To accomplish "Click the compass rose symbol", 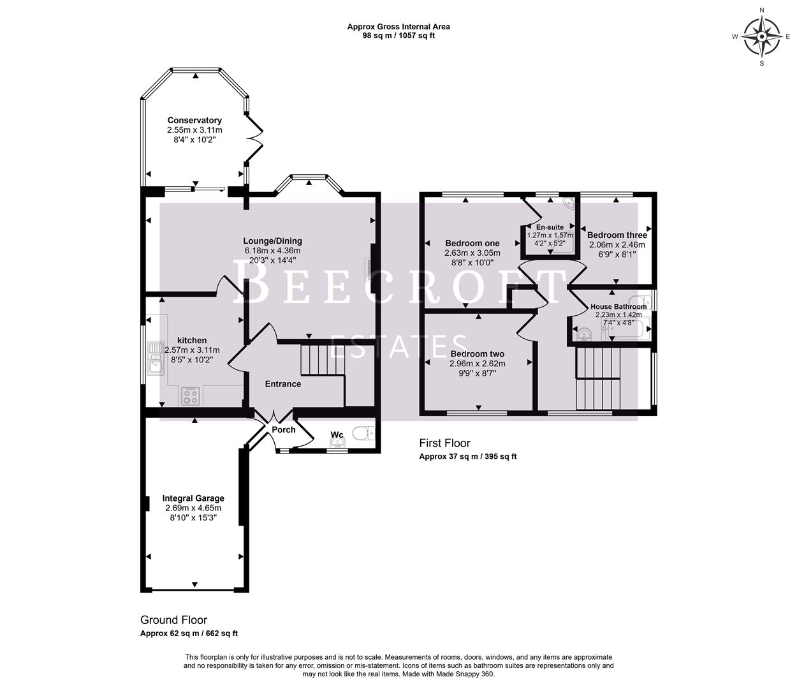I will (761, 36).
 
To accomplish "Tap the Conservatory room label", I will (194, 121).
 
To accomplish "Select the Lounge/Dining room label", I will (272, 241).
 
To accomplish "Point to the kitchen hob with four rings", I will (191, 397).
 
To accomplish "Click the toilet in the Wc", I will (364, 434).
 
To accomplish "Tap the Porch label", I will (284, 430).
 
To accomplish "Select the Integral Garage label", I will (193, 498).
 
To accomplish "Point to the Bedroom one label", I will (472, 243).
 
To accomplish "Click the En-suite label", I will (550, 227).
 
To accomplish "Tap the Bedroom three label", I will (617, 235).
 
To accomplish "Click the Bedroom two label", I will (478, 354).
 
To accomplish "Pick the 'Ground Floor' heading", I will (173, 620).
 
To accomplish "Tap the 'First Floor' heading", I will (444, 443).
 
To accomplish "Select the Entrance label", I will (283, 384).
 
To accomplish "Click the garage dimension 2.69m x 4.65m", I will (193, 508).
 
